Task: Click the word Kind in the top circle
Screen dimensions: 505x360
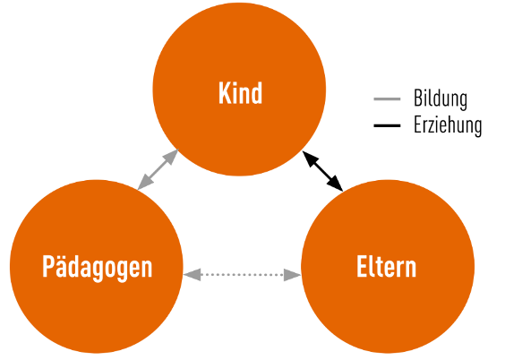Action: coord(240,93)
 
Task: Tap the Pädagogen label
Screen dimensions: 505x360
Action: coord(98,267)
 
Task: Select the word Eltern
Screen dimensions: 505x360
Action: coord(387,266)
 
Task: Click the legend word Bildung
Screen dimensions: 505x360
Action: coord(441,99)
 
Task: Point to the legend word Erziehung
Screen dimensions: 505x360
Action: coord(448,125)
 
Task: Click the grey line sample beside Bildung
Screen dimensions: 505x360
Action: coord(387,99)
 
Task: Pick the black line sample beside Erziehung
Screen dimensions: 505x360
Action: coord(387,125)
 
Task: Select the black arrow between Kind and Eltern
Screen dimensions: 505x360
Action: coord(322,171)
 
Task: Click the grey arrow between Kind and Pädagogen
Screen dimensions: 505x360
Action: coord(158,169)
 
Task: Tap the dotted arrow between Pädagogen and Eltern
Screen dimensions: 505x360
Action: coord(242,275)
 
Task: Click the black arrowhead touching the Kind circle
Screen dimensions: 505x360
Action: coord(311,159)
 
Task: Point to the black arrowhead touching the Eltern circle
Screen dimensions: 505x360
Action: coord(335,184)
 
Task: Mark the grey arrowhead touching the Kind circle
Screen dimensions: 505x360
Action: coord(170,158)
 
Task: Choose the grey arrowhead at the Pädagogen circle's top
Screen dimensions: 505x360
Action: coord(145,182)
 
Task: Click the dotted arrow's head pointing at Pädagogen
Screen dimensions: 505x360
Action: coord(193,275)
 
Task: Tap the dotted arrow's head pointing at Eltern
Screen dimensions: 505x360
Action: coord(292,275)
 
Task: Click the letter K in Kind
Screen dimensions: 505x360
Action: coord(225,93)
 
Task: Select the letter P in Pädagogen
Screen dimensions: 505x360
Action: coord(48,266)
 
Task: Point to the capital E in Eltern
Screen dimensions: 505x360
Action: coord(362,266)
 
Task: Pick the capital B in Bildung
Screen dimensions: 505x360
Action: coord(419,99)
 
